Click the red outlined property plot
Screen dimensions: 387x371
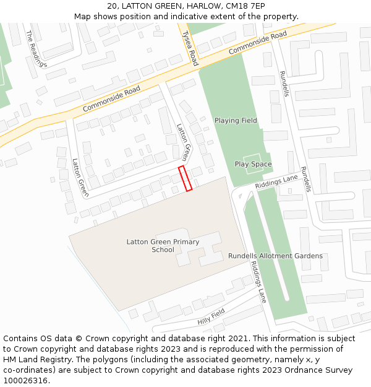pyautogui.click(x=185, y=178)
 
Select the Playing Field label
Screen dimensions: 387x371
pyautogui.click(x=236, y=120)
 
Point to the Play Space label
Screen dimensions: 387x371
pyautogui.click(x=253, y=164)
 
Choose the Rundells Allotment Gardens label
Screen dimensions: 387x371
pyautogui.click(x=275, y=256)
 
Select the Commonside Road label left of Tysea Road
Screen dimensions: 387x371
pyautogui.click(x=112, y=98)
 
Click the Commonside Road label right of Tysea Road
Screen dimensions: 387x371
pyautogui.click(x=258, y=43)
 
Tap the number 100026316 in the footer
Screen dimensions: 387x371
pyautogui.click(x=25, y=380)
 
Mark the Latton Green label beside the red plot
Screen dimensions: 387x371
pyautogui.click(x=184, y=142)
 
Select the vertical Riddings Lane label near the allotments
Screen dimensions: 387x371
pyautogui.click(x=258, y=282)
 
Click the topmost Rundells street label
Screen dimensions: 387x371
pyautogui.click(x=284, y=83)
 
